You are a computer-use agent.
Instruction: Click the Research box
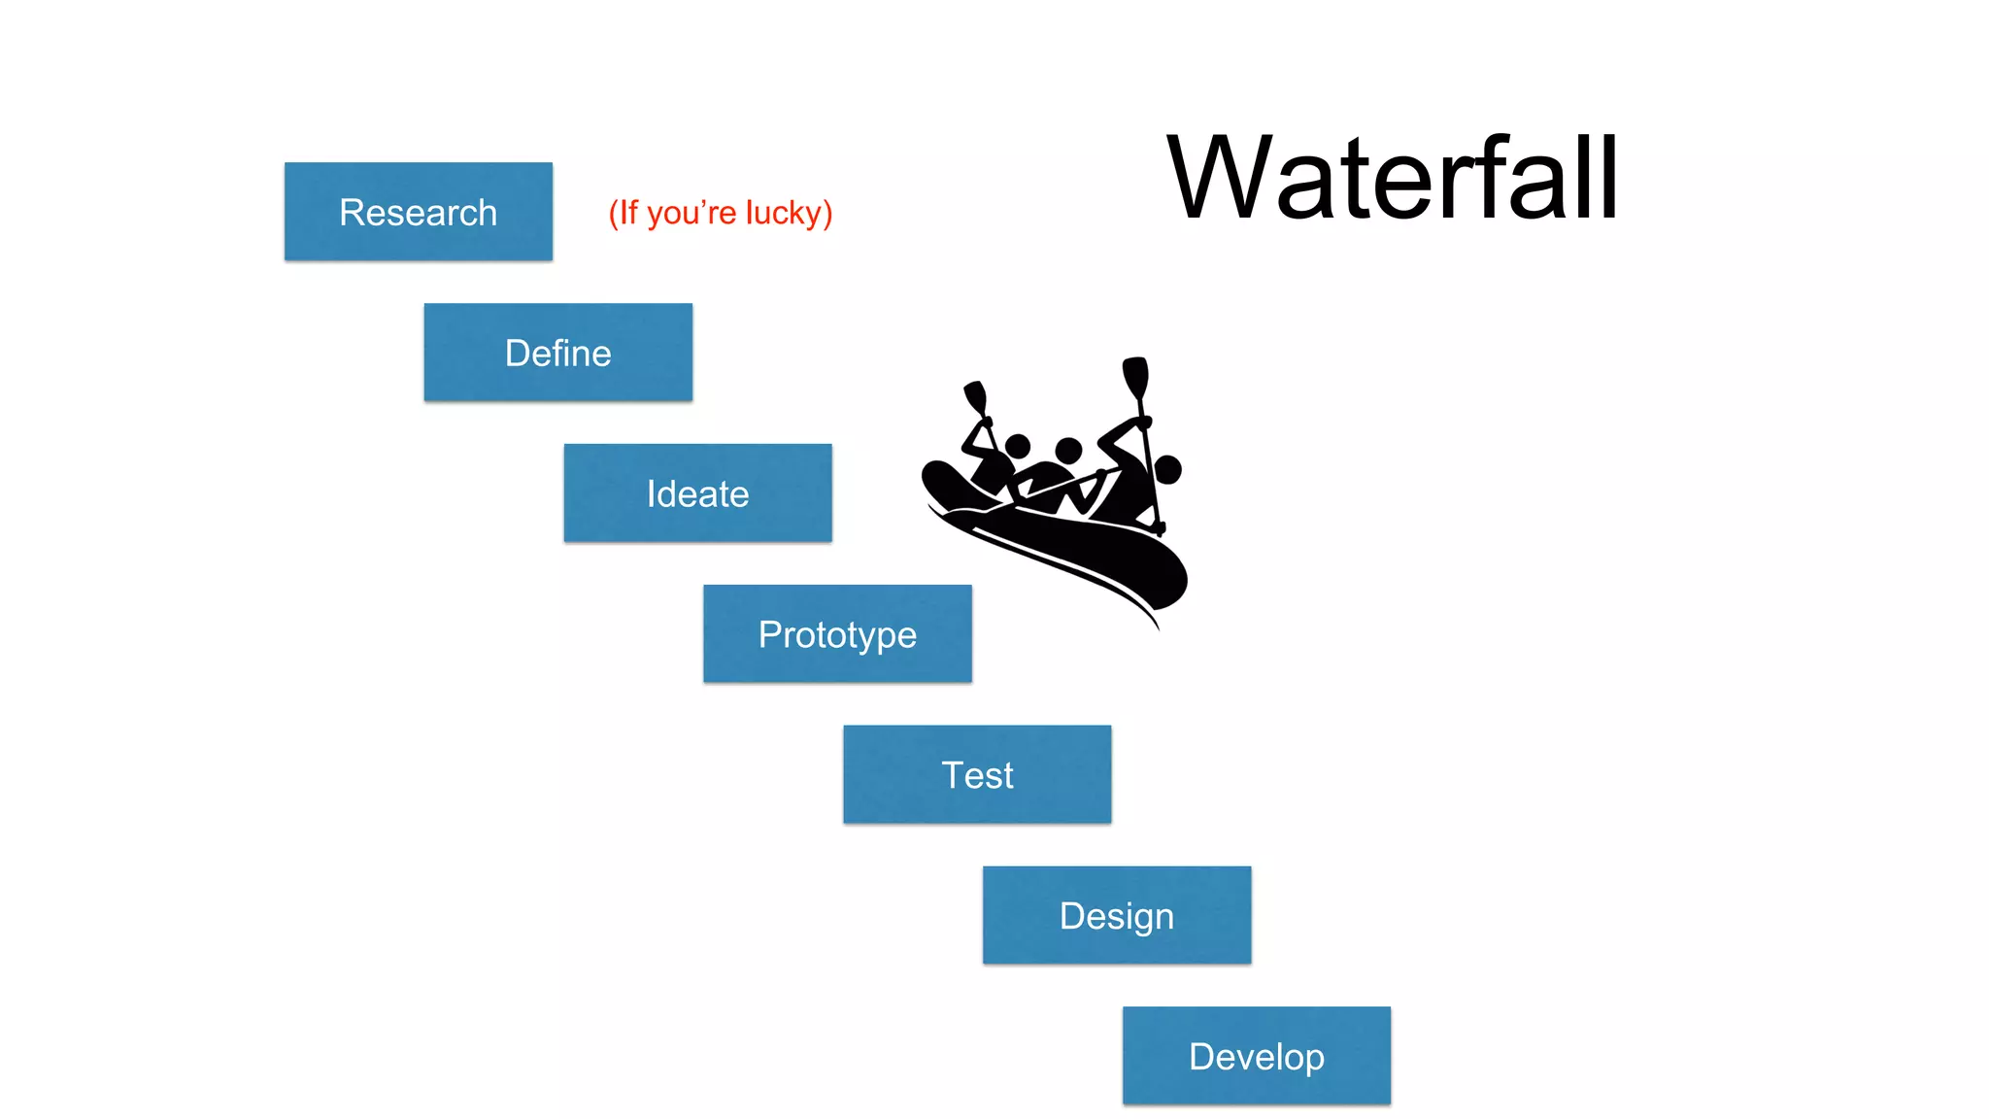point(418,212)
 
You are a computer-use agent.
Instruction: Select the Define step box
point(557,353)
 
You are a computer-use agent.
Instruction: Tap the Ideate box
point(697,493)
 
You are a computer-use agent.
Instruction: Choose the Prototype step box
point(837,634)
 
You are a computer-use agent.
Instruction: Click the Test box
point(977,775)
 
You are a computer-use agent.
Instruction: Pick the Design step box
point(1117,915)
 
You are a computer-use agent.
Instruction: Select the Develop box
point(1257,1056)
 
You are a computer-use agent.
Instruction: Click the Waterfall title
point(1392,179)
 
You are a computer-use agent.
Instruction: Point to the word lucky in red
point(784,213)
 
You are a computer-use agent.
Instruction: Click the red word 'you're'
point(691,213)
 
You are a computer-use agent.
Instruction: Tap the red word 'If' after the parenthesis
point(628,212)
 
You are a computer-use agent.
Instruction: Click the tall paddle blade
point(1135,377)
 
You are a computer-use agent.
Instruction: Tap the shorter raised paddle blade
point(975,398)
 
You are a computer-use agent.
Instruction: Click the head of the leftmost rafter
point(1017,447)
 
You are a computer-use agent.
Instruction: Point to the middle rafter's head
point(1068,451)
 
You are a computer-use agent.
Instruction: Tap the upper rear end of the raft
point(937,476)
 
